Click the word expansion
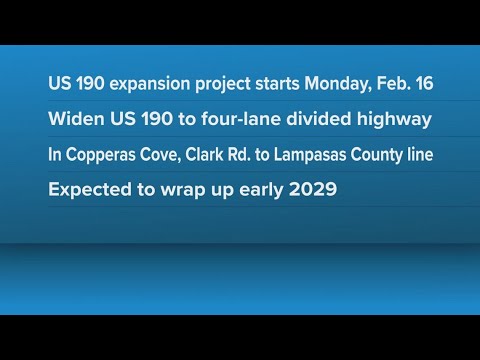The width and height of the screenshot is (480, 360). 150,84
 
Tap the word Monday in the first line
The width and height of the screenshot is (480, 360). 338,83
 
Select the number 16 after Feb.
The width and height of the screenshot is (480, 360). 424,83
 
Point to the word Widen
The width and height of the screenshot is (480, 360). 76,118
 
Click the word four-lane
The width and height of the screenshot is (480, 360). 241,118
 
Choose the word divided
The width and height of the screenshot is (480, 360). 319,118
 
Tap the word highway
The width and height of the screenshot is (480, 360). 394,120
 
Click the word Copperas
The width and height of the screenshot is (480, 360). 100,155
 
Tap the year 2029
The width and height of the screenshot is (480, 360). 313,189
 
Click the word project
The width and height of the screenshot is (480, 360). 223,84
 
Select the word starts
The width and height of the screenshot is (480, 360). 277,84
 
